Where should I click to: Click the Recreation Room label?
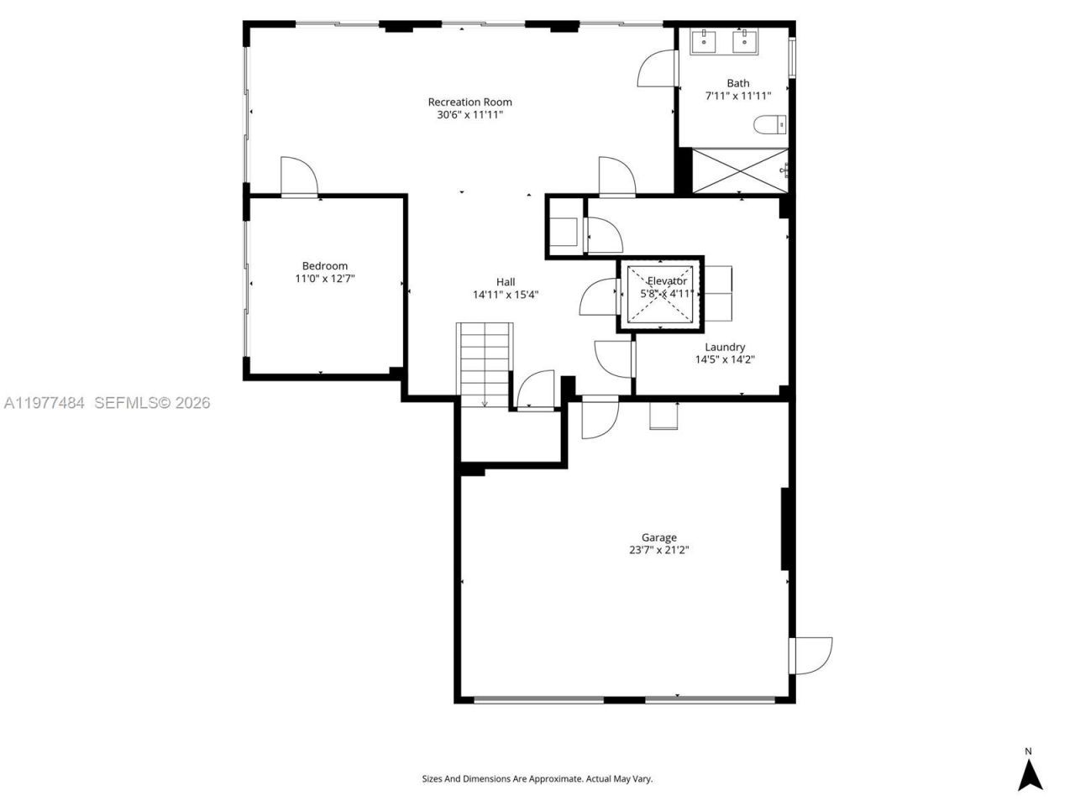click(x=469, y=102)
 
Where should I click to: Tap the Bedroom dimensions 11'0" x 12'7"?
click(x=325, y=279)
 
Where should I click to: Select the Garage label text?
click(x=658, y=537)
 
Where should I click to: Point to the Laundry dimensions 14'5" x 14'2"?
click(x=725, y=359)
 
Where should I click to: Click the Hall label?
click(x=505, y=282)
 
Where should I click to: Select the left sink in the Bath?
click(x=702, y=39)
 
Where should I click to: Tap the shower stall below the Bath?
click(x=739, y=170)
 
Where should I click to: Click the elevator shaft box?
click(x=661, y=293)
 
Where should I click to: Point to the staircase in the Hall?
click(x=485, y=364)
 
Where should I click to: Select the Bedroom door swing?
click(x=298, y=176)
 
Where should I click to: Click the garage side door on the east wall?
click(x=811, y=655)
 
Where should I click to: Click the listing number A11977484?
click(x=44, y=403)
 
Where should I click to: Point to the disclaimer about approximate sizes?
click(x=537, y=779)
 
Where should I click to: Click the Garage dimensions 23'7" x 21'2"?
click(x=658, y=551)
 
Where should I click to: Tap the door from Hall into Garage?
click(x=600, y=417)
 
